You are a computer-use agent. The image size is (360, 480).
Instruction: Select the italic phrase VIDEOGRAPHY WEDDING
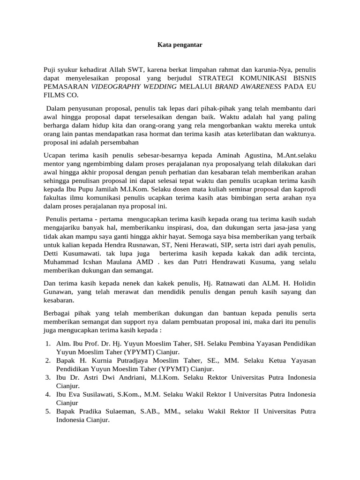coord(134,86)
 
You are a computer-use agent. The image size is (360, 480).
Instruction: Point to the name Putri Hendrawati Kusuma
coord(227,262)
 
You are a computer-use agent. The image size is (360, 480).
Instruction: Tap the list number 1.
coord(48,344)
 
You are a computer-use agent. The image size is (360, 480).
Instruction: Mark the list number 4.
coord(48,395)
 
